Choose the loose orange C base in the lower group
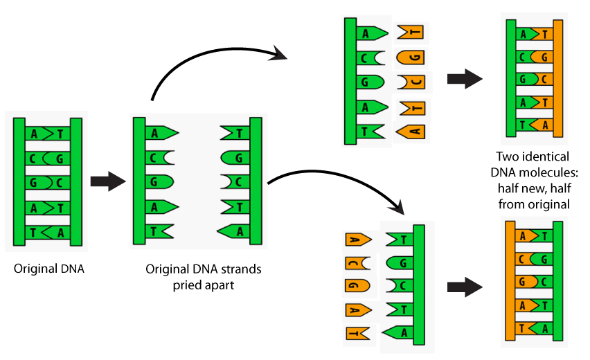(x=356, y=263)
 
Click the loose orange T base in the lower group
(x=356, y=333)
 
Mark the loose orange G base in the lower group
(x=356, y=285)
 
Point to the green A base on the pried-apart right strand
(x=234, y=231)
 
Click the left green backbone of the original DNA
(x=19, y=182)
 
